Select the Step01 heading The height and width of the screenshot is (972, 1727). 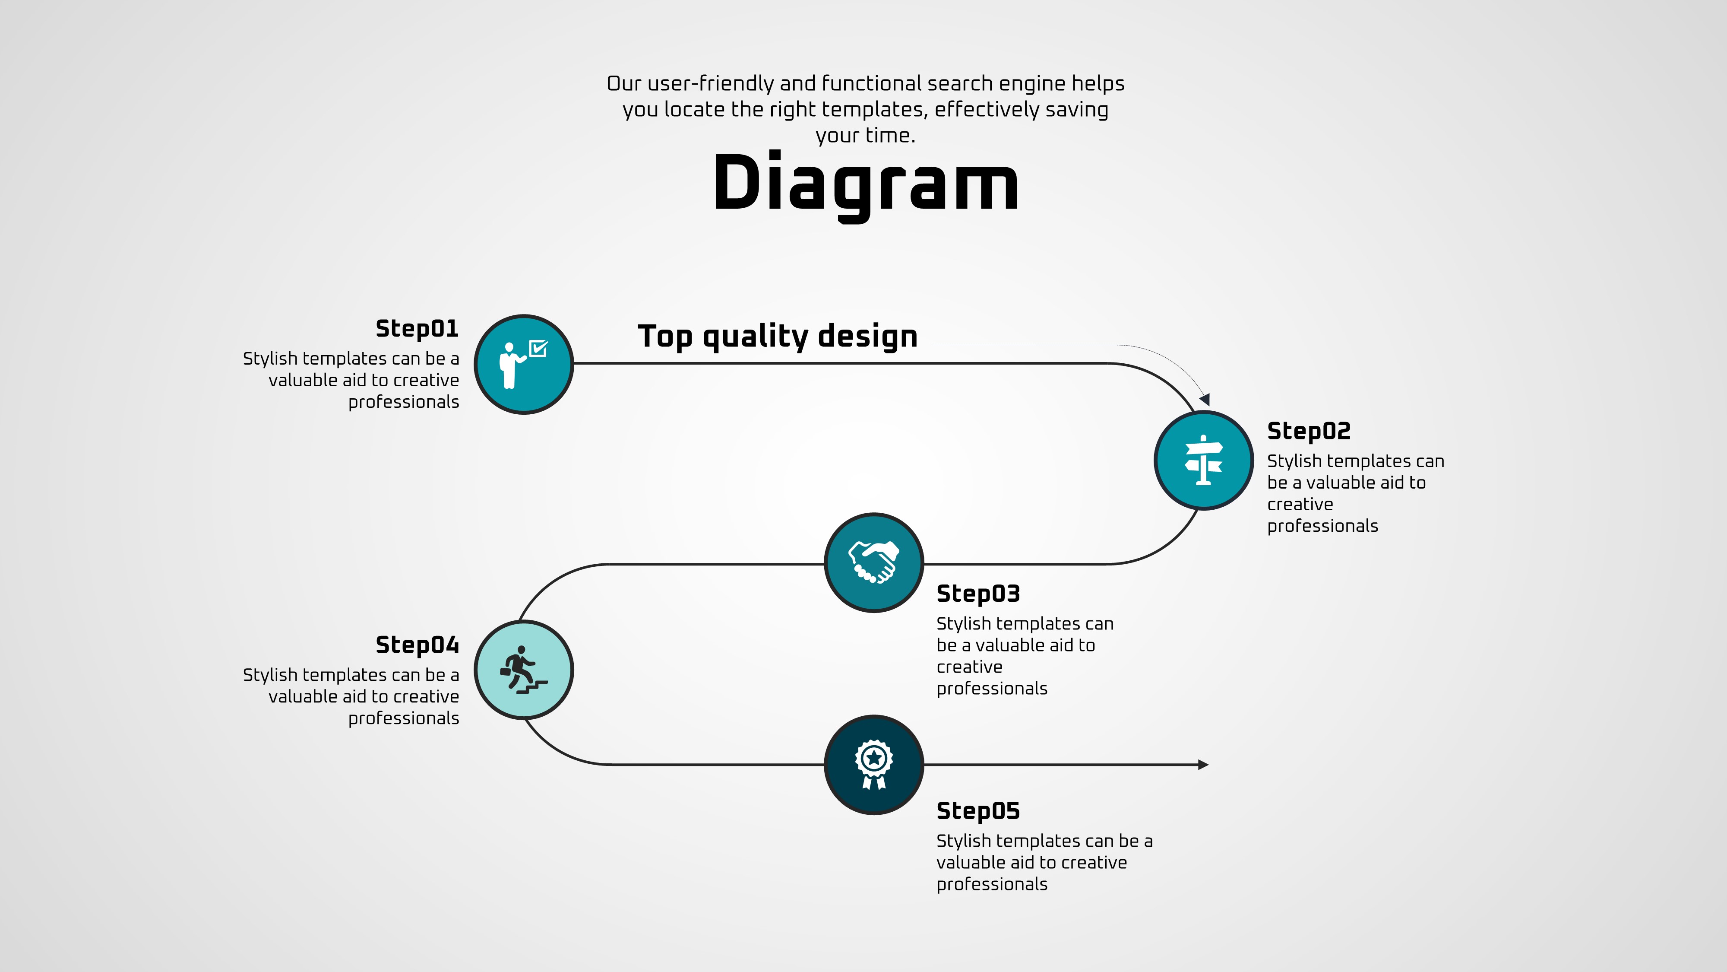click(417, 329)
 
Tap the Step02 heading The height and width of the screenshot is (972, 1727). click(1309, 431)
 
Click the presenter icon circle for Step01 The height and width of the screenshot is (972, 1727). click(524, 364)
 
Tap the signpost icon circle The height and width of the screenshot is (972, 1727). click(1203, 460)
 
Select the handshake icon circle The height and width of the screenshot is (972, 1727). click(873, 563)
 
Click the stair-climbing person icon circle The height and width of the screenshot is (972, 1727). click(524, 670)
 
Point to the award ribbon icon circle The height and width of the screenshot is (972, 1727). click(873, 765)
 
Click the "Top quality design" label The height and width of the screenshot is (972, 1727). click(778, 336)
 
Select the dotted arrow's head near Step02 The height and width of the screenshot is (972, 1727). click(1205, 400)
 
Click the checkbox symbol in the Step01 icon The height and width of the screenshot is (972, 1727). click(538, 348)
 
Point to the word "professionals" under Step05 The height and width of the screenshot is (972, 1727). click(992, 885)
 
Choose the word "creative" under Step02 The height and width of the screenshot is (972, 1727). click(1300, 505)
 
